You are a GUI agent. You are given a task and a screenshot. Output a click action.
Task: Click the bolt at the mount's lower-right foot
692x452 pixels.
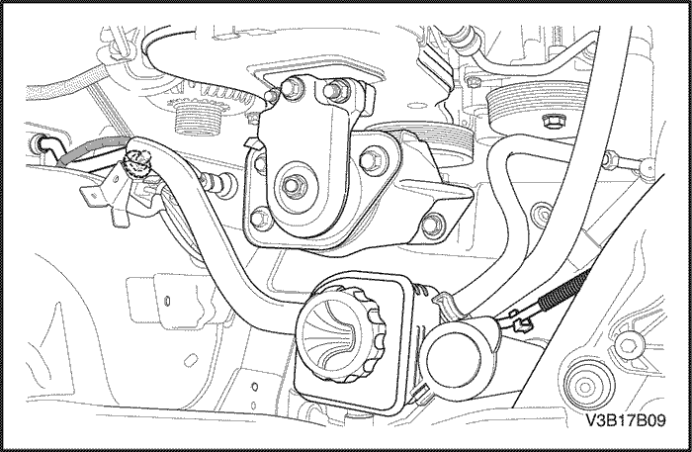(431, 226)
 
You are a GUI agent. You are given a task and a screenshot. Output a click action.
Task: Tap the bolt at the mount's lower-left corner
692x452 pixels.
(260, 218)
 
